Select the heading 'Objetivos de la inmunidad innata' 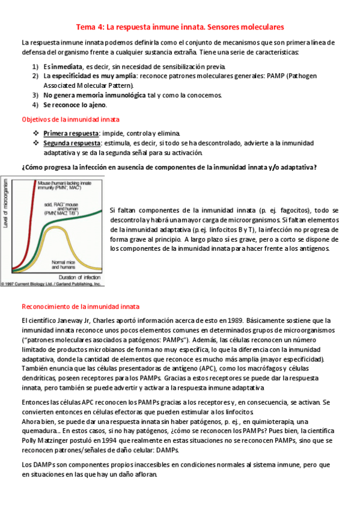pyautogui.click(x=70, y=119)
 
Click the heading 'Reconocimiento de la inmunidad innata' pyautogui.click(x=80, y=306)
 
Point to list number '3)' pyautogui.click(x=35, y=95)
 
